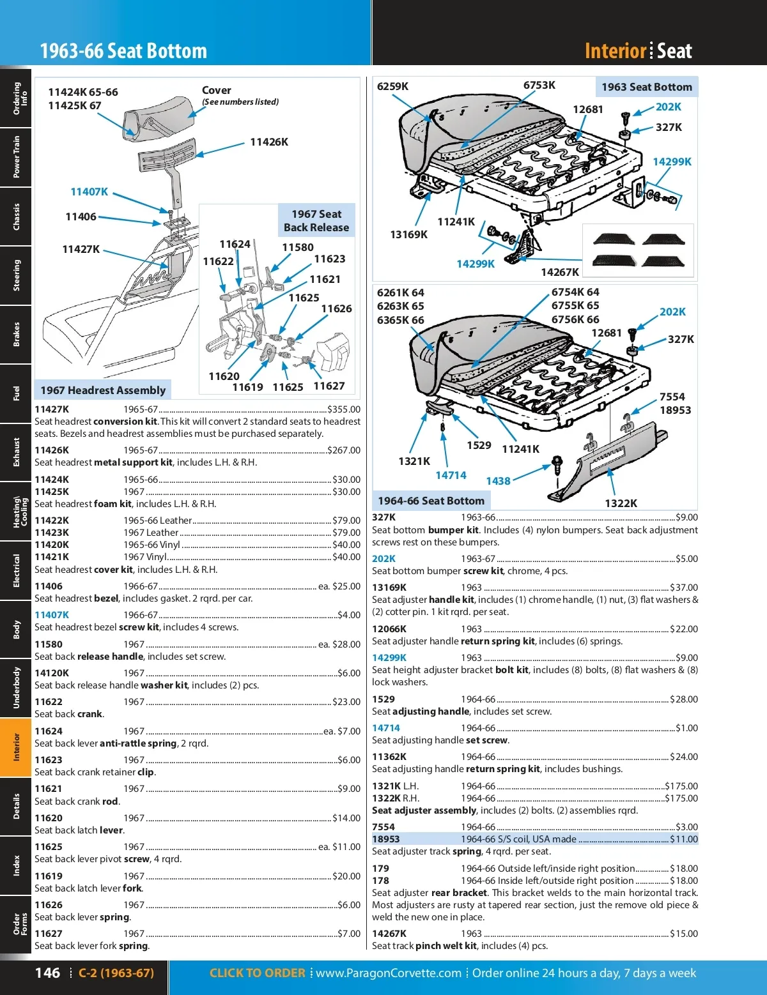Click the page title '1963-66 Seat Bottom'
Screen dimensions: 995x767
pos(123,50)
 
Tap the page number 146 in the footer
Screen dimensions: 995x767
pos(47,973)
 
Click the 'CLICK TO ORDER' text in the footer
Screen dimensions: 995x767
pos(257,973)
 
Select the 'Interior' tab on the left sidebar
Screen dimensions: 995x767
pos(16,747)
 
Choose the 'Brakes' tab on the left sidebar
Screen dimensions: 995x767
pos(16,334)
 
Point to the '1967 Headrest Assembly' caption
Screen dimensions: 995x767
pos(103,390)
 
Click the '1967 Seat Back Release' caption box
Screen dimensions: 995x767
pos(316,220)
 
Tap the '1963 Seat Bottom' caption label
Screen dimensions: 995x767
pos(646,87)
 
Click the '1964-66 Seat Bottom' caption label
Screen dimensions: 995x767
pos(431,501)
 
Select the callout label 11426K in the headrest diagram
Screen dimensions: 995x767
pos(269,142)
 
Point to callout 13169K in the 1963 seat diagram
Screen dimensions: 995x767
pos(408,234)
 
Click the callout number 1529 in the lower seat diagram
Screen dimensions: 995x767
pos(479,445)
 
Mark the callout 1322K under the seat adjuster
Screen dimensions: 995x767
pos(621,503)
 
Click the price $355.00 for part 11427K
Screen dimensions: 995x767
pos(344,409)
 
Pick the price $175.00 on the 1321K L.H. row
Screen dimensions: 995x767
pos(681,786)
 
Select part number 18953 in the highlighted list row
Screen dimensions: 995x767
pos(385,839)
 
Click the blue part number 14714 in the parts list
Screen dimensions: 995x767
pos(386,728)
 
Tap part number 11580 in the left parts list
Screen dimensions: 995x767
pos(49,644)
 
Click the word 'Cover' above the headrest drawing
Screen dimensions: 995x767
pos(217,90)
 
